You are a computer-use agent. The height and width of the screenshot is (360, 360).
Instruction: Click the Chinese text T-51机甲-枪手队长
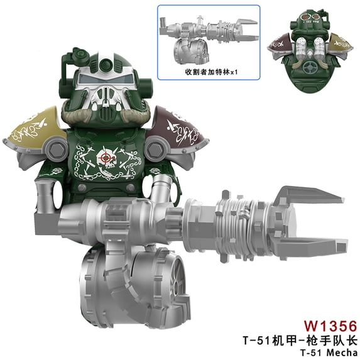click(300, 341)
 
